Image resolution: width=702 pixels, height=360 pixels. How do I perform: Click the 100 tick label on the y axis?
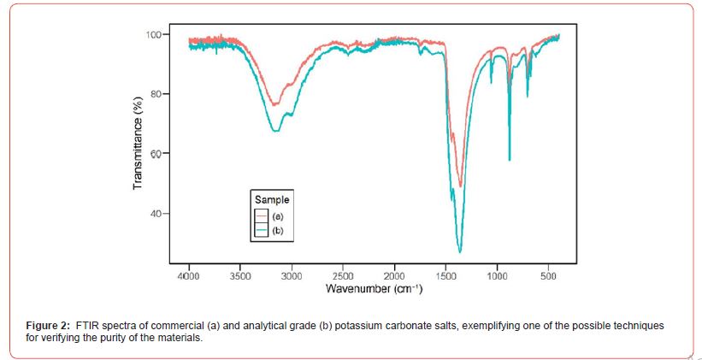154,34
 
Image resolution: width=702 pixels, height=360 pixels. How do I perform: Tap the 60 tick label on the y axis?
156,154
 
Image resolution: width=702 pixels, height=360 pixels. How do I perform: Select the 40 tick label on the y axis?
156,214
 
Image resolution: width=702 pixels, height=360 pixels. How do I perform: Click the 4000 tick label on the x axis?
188,276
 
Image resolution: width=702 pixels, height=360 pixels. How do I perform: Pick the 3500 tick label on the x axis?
240,276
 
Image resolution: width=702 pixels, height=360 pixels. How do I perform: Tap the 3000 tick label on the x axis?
292,276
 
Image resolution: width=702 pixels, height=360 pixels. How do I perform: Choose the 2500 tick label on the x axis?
343,276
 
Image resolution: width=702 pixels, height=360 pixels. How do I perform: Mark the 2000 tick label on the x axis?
394,276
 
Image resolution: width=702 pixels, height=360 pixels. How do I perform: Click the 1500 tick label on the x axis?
446,276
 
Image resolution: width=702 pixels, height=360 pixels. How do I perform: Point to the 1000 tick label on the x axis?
498,276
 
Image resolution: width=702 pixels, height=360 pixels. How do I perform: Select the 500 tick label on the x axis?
549,276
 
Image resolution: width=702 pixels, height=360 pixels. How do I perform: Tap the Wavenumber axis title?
375,289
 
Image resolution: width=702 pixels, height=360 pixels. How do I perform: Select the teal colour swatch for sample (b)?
263,231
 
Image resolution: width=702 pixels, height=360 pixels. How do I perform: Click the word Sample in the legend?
272,199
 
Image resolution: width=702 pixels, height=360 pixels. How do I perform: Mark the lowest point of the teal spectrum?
460,252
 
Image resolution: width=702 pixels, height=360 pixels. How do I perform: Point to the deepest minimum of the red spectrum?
460,186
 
